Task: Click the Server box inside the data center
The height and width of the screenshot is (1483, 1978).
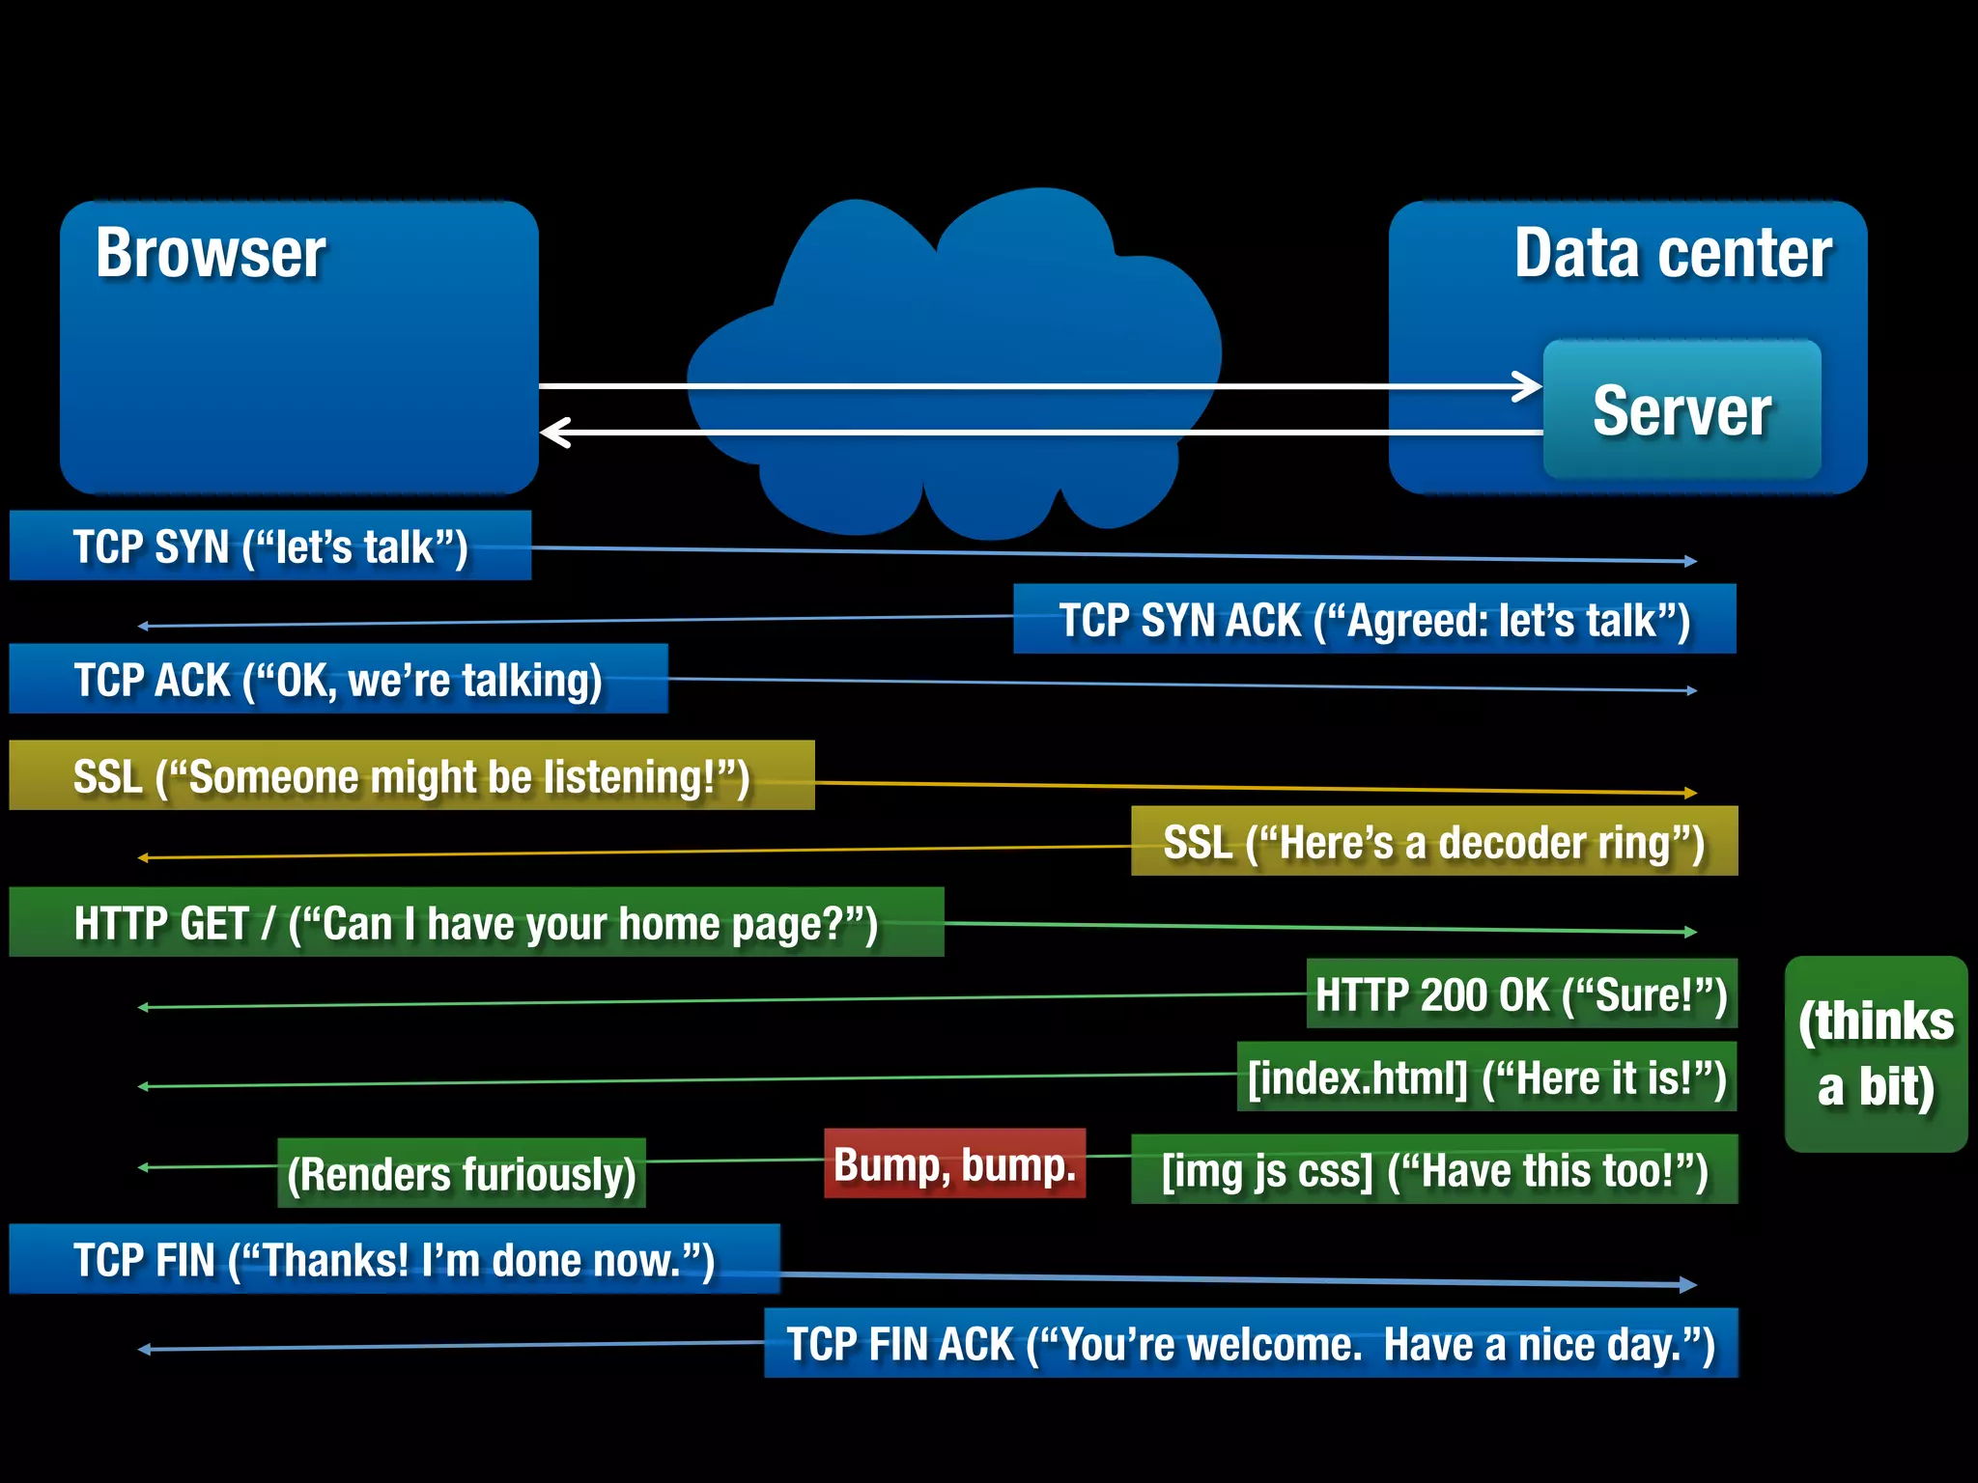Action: coord(1681,409)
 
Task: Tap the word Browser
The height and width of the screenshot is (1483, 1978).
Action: coord(211,253)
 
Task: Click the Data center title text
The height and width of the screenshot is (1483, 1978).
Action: coord(1672,253)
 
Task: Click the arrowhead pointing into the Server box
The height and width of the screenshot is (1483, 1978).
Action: coord(1529,386)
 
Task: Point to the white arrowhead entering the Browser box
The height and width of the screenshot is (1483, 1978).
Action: coord(554,432)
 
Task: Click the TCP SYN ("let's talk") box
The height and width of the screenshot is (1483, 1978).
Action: coord(270,546)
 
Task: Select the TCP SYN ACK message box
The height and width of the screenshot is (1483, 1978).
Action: coord(1373,619)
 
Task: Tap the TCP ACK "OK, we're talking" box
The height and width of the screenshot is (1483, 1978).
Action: coord(338,679)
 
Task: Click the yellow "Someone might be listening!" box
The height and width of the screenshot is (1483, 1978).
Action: coord(411,775)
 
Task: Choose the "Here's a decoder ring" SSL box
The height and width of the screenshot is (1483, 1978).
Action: coord(1433,841)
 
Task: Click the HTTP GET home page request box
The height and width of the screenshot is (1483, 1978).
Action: coord(476,922)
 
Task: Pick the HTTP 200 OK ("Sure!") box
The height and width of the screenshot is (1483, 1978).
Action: coord(1521,993)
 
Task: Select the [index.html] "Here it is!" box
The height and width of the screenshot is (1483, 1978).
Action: coord(1486,1077)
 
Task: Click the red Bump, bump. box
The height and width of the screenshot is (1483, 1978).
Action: coord(954,1163)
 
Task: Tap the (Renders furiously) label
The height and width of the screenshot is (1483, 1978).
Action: coord(462,1173)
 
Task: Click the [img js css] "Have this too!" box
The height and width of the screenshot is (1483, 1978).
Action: coord(1434,1169)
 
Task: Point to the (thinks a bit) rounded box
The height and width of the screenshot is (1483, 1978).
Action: coord(1875,1053)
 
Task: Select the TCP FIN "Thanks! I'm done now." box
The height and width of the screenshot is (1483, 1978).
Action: coord(394,1259)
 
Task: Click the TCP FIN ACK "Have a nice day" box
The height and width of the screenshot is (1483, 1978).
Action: coord(1251,1343)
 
